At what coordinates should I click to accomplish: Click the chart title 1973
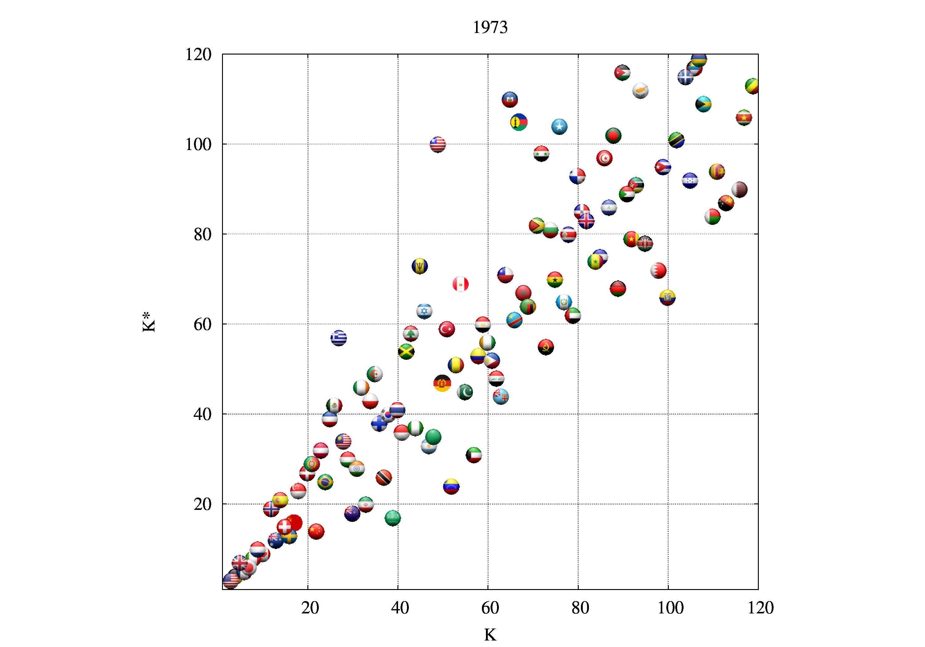(x=490, y=27)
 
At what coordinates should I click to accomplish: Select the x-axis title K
(x=490, y=635)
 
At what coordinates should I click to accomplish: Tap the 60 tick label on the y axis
(x=202, y=324)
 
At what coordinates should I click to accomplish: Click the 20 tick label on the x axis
(x=310, y=608)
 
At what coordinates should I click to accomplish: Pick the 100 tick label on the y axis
(x=198, y=144)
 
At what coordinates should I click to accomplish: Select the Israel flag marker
(x=424, y=311)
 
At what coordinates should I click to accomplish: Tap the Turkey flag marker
(x=447, y=329)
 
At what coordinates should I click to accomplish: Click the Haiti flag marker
(x=510, y=100)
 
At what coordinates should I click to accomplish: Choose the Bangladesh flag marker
(x=613, y=135)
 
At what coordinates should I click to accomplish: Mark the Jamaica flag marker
(x=406, y=352)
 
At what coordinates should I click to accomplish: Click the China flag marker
(x=316, y=531)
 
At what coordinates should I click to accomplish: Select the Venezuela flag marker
(x=451, y=486)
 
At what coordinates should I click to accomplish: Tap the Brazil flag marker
(x=325, y=482)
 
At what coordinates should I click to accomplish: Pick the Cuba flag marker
(x=663, y=167)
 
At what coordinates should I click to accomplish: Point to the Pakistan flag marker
(x=465, y=392)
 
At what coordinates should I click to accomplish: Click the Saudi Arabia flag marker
(x=393, y=518)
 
